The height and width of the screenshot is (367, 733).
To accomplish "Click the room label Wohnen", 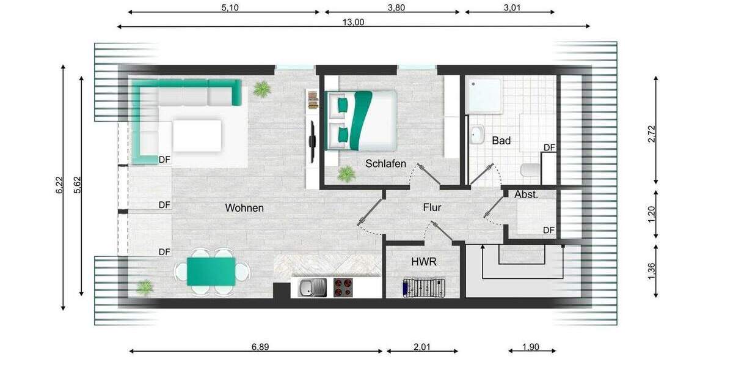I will pyautogui.click(x=244, y=208).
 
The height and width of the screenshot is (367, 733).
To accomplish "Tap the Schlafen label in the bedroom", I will pyautogui.click(x=386, y=163).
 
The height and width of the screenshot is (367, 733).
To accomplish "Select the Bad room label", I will pyautogui.click(x=501, y=141).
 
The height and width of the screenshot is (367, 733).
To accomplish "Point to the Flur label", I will pyautogui.click(x=432, y=208).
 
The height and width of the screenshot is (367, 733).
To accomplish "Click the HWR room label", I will pyautogui.click(x=423, y=261).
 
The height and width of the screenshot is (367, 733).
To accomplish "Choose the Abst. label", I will pyautogui.click(x=526, y=195).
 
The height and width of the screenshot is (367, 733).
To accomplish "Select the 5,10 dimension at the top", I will pyautogui.click(x=230, y=8).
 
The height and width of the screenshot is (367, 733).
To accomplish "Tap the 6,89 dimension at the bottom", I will pyautogui.click(x=260, y=347).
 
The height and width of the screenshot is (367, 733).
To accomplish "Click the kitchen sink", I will pyautogui.click(x=312, y=287).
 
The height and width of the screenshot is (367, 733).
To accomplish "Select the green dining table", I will pyautogui.click(x=211, y=272).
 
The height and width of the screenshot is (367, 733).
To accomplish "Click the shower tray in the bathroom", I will pyautogui.click(x=484, y=95).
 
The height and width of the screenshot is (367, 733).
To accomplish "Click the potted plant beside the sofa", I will pyautogui.click(x=262, y=89).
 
